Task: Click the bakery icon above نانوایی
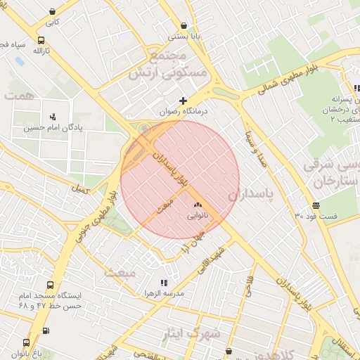click(x=197, y=205)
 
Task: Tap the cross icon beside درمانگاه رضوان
click(x=184, y=101)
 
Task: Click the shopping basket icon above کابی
click(x=53, y=11)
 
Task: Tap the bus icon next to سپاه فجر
click(x=41, y=41)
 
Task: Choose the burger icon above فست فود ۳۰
click(x=316, y=205)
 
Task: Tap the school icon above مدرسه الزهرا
click(x=164, y=283)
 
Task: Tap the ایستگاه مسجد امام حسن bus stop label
click(x=49, y=301)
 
